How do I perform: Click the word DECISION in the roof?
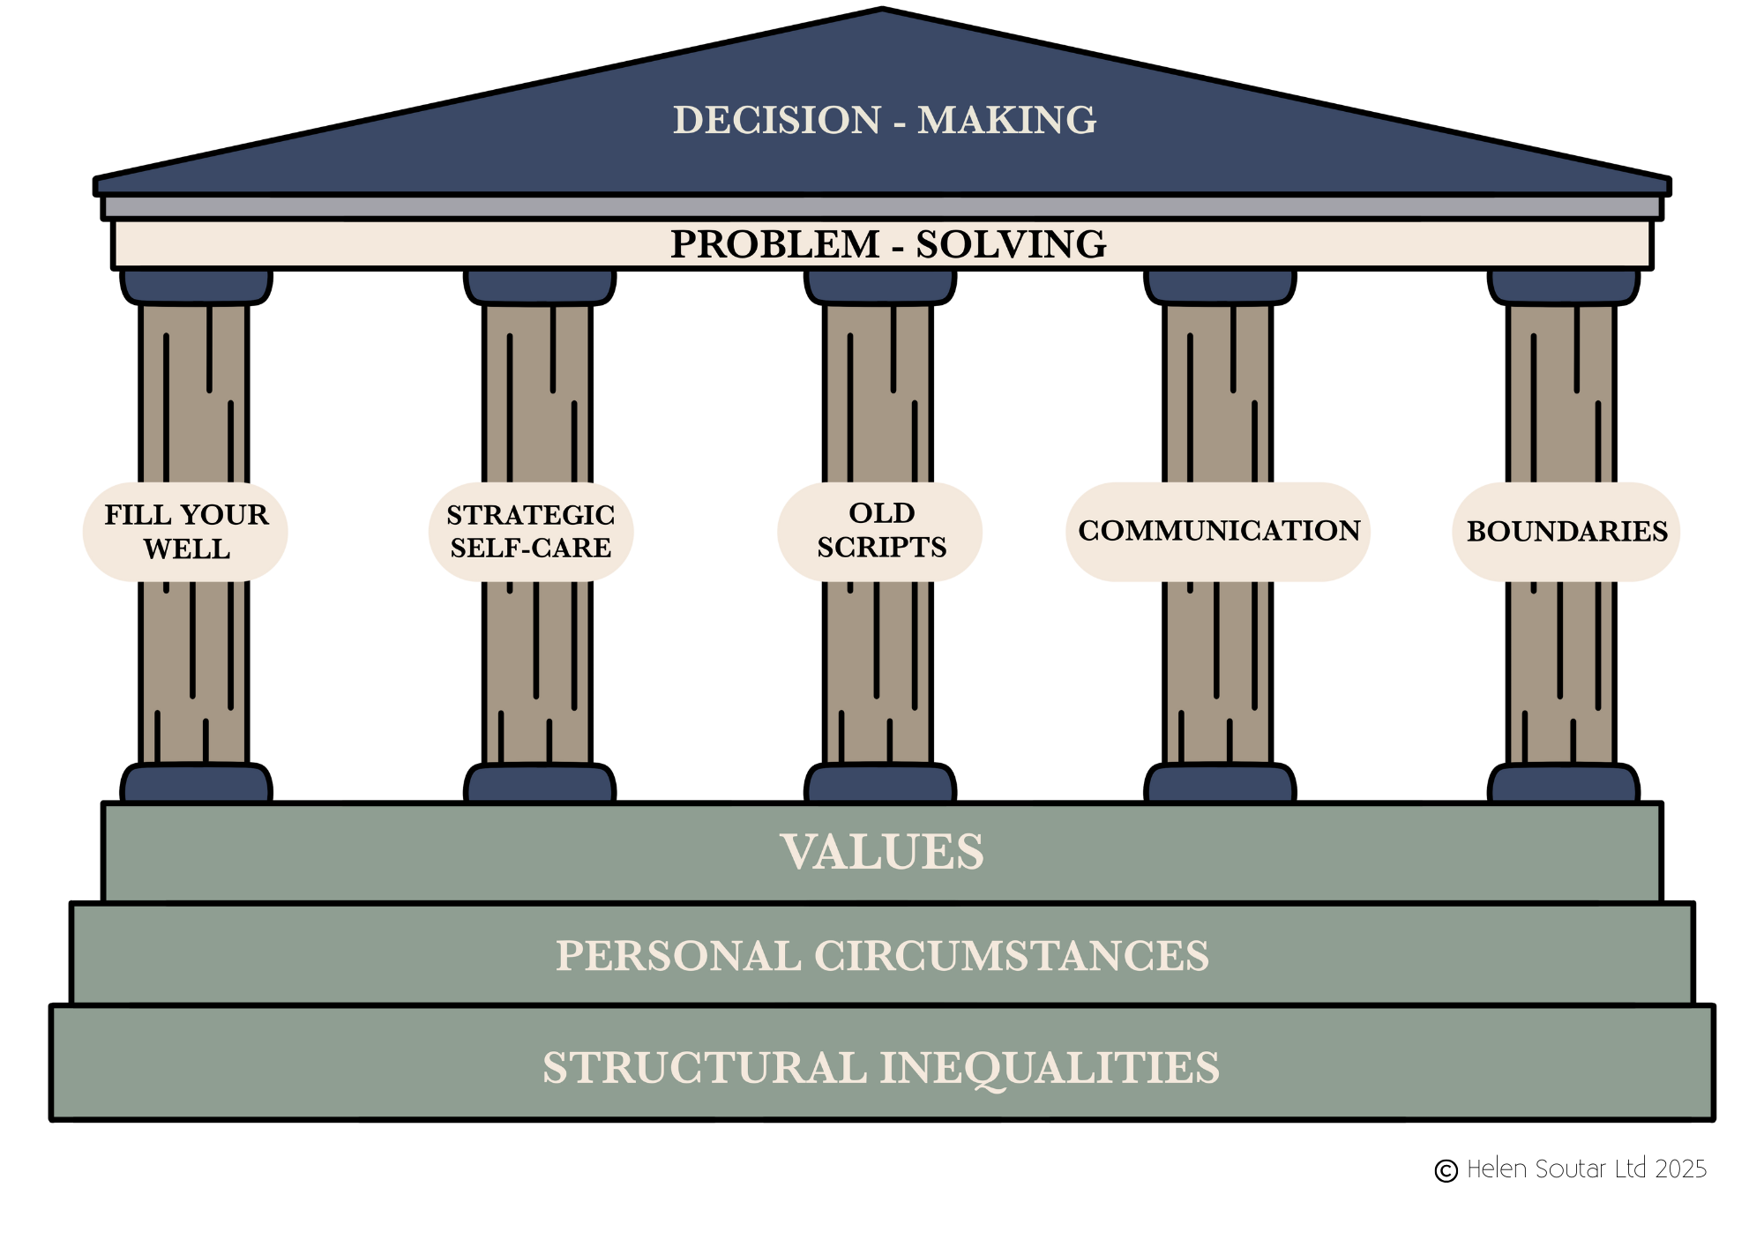[x=777, y=120]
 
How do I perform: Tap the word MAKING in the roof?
[x=1007, y=120]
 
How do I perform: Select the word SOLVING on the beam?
[x=1011, y=244]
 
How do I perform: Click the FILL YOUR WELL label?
[x=186, y=532]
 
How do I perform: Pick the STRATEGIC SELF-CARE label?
[x=531, y=532]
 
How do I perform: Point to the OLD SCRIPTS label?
[x=880, y=531]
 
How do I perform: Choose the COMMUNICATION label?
[x=1218, y=531]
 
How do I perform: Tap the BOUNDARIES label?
[x=1566, y=532]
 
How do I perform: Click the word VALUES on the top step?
[x=882, y=852]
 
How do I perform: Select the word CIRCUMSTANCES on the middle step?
[x=1011, y=956]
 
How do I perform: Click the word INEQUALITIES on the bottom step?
[x=1050, y=1067]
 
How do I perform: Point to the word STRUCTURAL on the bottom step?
[x=705, y=1067]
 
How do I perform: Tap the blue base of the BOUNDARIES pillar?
[x=1563, y=785]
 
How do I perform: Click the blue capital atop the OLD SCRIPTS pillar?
[x=880, y=286]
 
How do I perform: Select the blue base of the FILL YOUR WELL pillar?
[x=196, y=785]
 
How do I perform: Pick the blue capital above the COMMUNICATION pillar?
[x=1220, y=286]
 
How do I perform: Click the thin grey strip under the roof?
[x=882, y=207]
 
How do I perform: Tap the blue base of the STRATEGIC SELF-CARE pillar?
[x=540, y=785]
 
